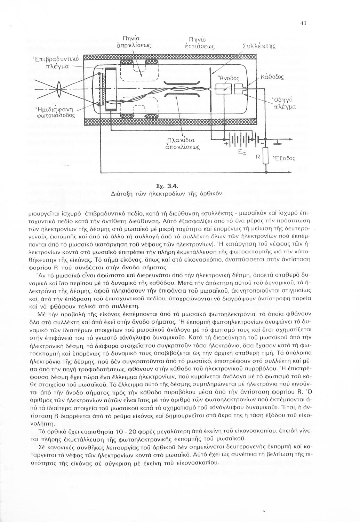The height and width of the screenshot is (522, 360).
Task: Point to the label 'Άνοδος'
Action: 225,78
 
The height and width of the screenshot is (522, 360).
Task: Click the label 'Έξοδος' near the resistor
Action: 284,158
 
